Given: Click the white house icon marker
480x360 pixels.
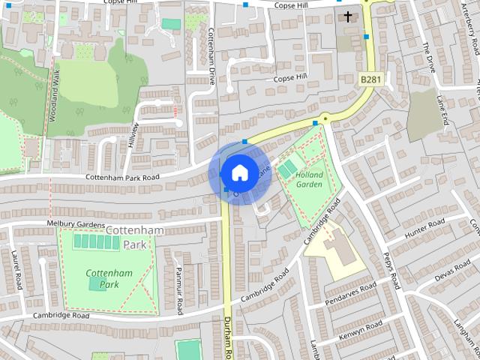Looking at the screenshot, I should [238, 172].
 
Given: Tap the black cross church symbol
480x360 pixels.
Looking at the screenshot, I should [348, 16].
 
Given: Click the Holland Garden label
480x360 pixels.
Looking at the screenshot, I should [308, 178].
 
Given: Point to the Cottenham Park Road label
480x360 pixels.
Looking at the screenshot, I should [123, 177].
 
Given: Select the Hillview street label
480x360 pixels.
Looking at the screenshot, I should [134, 133].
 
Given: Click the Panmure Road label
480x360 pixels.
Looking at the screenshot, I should [179, 289].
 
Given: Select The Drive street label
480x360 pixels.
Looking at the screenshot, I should [429, 55].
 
